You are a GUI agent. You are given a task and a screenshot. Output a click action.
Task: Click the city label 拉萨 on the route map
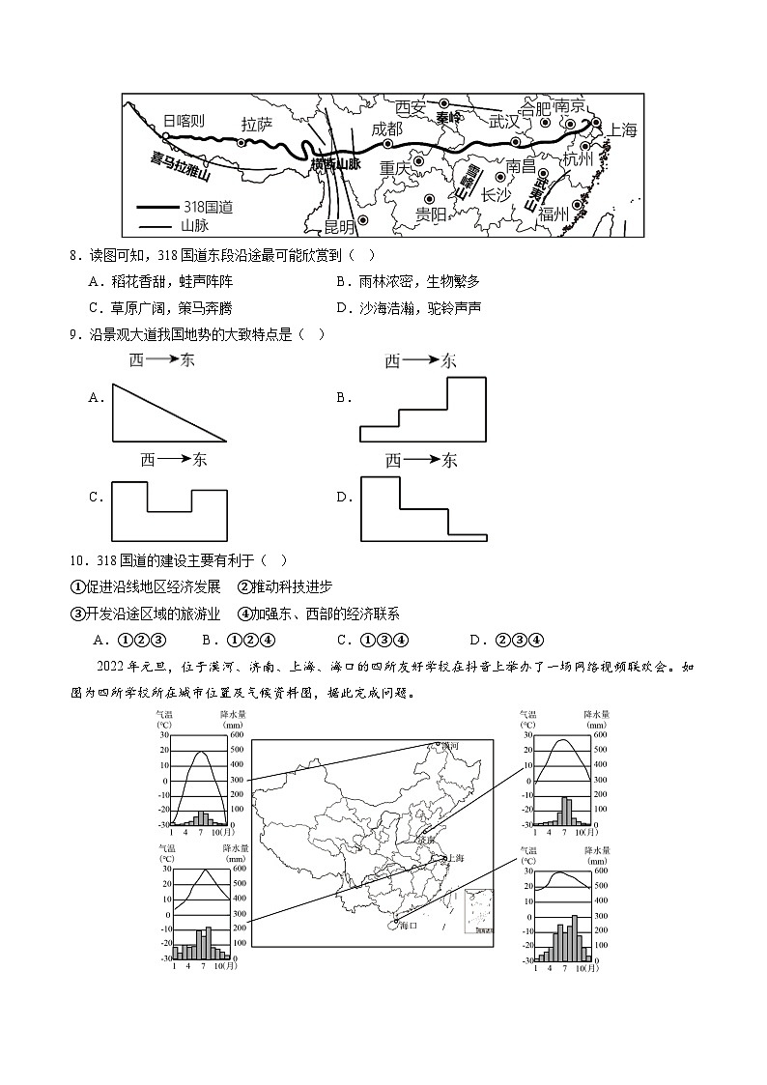(x=257, y=124)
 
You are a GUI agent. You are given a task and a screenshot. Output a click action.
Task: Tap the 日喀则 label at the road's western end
(x=184, y=121)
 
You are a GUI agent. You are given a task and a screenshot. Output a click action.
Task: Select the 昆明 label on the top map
(x=338, y=226)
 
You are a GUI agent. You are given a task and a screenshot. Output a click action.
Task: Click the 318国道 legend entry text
(x=207, y=207)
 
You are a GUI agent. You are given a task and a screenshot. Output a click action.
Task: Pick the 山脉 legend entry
(x=194, y=225)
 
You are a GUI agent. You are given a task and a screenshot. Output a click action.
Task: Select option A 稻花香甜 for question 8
(x=159, y=281)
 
